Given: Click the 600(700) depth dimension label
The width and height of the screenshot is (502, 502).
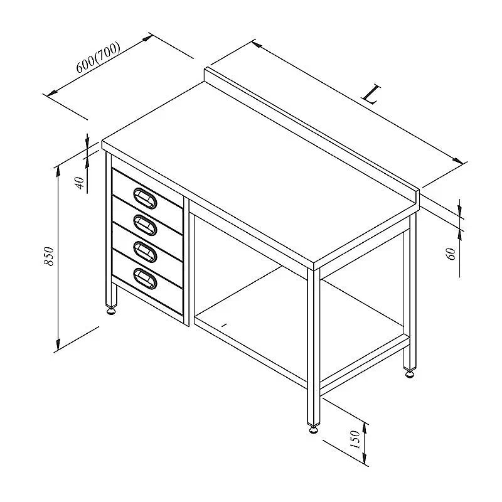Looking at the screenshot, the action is tap(98, 58).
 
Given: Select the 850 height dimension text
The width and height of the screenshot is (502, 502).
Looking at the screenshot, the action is tap(49, 256).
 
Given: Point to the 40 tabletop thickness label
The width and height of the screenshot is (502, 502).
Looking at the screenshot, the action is tap(80, 183).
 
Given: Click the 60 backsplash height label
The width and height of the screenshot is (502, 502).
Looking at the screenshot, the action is tap(451, 254).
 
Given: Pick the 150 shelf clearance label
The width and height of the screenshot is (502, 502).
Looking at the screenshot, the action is tap(355, 439).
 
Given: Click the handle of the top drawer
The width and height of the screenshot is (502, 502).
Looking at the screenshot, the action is tap(145, 198).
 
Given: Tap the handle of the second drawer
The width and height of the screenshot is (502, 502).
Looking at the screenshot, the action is tap(145, 225).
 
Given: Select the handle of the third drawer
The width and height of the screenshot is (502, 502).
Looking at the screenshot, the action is tap(145, 252).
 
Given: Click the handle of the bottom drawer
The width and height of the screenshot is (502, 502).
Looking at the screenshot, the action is tap(145, 279).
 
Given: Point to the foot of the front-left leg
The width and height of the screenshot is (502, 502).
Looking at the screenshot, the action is tap(112, 311).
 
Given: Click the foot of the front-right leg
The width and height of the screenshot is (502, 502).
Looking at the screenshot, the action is tap(314, 429).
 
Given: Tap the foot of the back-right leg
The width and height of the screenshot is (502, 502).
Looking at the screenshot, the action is tap(410, 373).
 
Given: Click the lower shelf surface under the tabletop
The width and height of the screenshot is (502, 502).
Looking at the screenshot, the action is tap(297, 320).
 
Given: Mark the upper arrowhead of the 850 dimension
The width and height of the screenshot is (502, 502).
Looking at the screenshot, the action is tap(58, 171).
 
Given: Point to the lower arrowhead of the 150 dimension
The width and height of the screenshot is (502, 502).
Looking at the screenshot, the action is tap(365, 457).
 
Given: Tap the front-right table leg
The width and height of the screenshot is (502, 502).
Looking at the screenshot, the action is tap(314, 346).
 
